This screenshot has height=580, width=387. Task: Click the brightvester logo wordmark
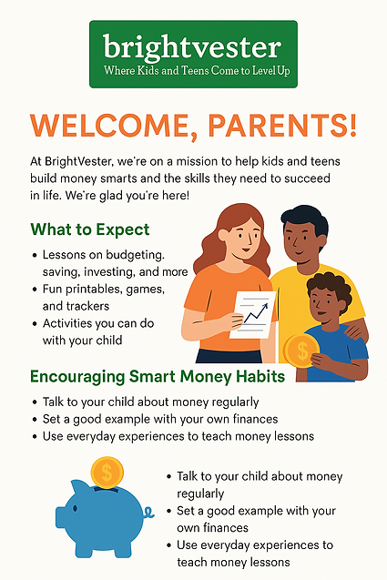tap(193, 46)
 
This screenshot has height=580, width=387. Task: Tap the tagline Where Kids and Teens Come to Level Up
tap(193, 69)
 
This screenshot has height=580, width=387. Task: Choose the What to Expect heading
tap(90, 229)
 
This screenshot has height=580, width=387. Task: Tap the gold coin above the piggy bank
tap(107, 472)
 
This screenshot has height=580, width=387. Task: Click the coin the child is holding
tap(298, 350)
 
